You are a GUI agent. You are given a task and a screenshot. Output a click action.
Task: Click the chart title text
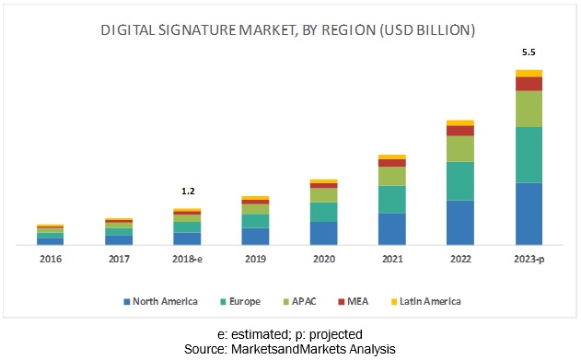point(287,30)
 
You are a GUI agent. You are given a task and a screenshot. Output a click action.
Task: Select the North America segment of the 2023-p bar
point(529,214)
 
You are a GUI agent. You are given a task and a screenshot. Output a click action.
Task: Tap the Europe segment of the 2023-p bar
point(529,155)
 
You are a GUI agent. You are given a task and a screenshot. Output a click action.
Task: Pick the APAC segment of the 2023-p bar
point(529,109)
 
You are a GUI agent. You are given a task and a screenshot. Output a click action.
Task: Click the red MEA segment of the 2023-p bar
point(529,84)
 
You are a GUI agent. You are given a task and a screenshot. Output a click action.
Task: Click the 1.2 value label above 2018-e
point(188,192)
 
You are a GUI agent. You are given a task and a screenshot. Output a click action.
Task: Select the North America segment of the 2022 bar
point(460,222)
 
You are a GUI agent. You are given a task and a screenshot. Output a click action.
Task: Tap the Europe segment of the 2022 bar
point(460,180)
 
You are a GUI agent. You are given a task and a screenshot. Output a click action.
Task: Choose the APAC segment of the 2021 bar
point(392,176)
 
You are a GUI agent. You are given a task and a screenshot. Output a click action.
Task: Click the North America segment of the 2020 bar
point(323,233)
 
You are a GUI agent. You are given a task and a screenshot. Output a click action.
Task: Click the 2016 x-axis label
point(51,260)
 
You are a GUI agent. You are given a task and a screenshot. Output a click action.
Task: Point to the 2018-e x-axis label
point(188,260)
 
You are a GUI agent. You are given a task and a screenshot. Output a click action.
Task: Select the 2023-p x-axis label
point(529,260)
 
